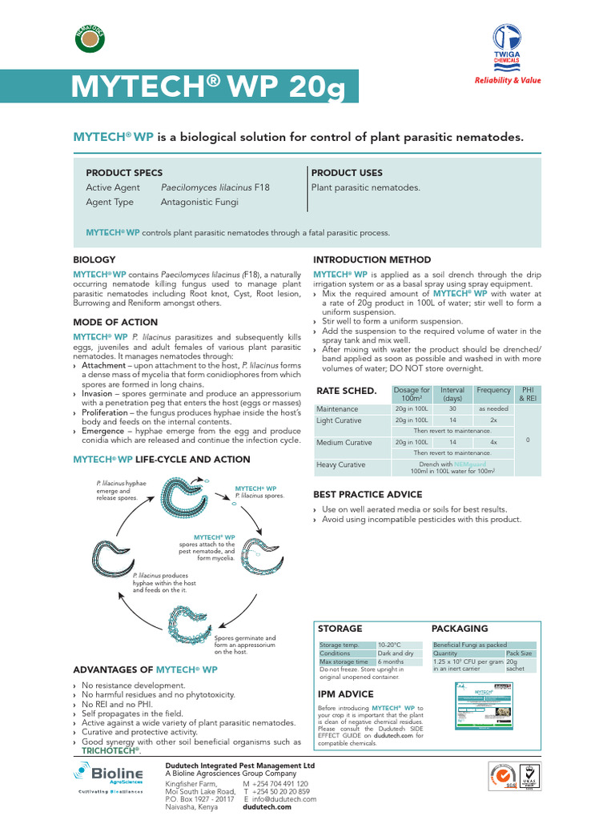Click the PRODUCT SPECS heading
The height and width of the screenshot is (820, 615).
coord(124,173)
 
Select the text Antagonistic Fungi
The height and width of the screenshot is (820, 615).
coord(199,203)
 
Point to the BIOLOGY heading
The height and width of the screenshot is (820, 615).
coord(94,260)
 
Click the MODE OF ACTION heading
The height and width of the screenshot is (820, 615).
coord(115,322)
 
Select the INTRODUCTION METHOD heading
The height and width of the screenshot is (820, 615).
coord(372,260)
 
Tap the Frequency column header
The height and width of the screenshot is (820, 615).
coord(493,390)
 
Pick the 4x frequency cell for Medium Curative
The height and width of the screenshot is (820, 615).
coord(493,441)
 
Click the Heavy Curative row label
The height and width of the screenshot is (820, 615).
coord(340,464)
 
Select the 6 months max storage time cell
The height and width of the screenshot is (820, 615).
coord(391,662)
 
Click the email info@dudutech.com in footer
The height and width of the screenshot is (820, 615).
coord(285,799)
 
